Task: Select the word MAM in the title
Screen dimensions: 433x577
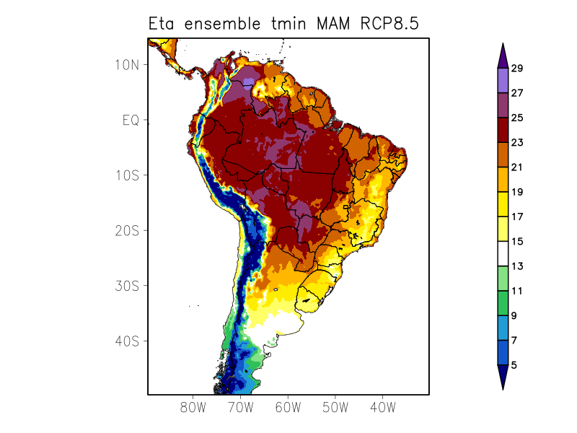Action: (x=330, y=23)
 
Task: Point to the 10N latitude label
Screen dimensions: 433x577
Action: (x=126, y=64)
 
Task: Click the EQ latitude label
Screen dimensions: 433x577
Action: (x=130, y=120)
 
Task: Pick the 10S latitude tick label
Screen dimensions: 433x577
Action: (x=126, y=175)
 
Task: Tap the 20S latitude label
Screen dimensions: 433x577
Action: (x=126, y=230)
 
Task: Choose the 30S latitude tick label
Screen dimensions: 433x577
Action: (x=126, y=286)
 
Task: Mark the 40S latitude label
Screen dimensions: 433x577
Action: (x=126, y=341)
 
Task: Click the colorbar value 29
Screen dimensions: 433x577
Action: (x=517, y=69)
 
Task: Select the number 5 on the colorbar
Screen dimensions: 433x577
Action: (x=514, y=365)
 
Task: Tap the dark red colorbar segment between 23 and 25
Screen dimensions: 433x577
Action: (x=503, y=130)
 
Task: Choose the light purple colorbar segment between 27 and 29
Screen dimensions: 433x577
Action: (x=503, y=80)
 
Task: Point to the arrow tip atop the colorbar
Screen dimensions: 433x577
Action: (x=503, y=44)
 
